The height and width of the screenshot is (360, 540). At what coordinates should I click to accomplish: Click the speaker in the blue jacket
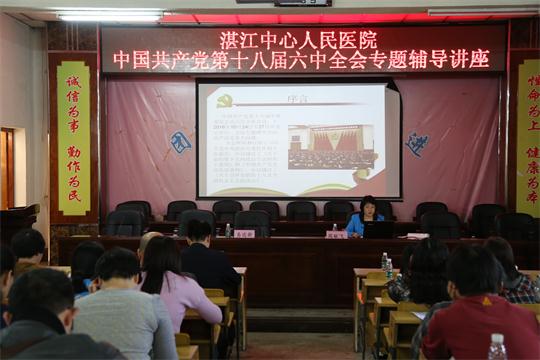(365, 216)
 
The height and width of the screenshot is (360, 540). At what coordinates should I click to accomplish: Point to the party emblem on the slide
(225, 100)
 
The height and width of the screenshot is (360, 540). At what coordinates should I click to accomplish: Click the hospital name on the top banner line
(298, 40)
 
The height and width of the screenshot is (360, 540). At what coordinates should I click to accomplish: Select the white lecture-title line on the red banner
(301, 60)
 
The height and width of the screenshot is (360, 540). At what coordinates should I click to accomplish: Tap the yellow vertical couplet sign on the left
(73, 138)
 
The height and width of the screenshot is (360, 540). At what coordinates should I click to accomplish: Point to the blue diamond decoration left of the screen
(180, 142)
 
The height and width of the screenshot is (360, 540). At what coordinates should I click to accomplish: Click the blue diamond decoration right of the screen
(417, 144)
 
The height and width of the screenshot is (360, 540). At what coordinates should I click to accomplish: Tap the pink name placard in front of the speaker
(336, 234)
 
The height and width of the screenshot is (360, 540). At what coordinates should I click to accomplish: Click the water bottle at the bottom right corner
(496, 347)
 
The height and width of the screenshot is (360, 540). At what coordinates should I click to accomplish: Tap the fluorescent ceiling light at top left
(110, 16)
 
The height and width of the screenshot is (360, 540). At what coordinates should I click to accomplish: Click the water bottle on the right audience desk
(385, 264)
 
